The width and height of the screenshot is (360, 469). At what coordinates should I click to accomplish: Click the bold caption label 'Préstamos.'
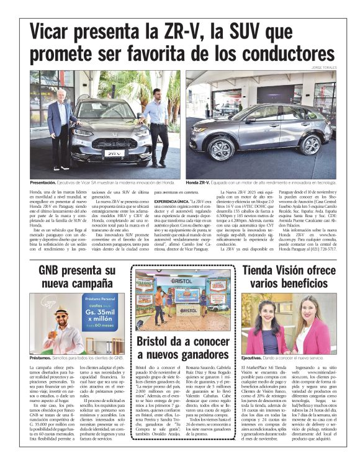[x=40, y=359]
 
